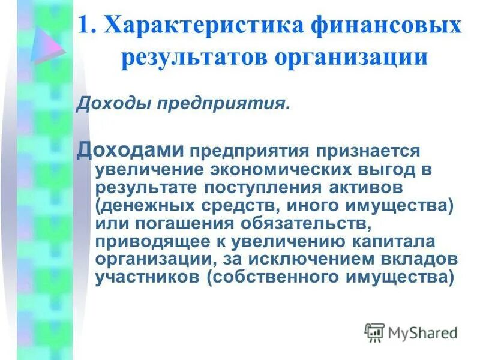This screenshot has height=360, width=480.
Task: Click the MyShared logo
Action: pyautogui.click(x=410, y=332)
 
